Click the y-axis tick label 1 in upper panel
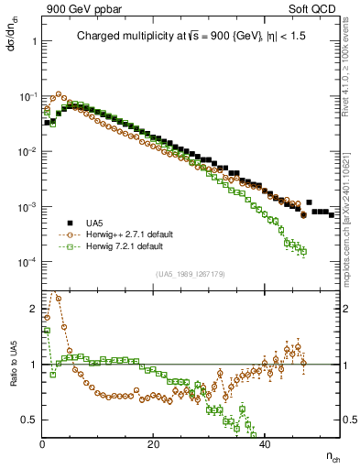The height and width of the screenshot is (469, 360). (x=34, y=41)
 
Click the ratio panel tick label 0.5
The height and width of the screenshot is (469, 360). (x=30, y=420)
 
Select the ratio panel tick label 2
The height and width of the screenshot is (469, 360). (x=34, y=308)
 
